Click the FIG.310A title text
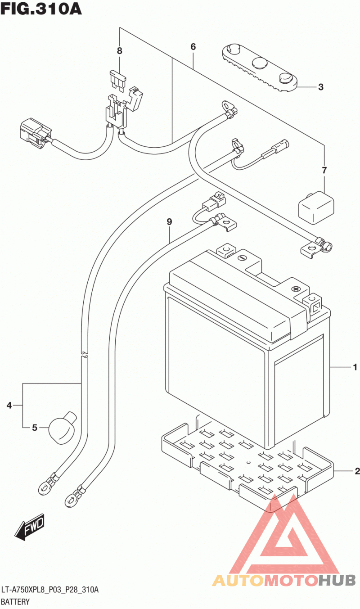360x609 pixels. (41, 9)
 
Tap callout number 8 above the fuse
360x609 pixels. (120, 50)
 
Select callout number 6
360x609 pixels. (193, 47)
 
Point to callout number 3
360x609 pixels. (321, 87)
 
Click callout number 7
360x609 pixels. (324, 171)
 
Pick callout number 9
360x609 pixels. (169, 222)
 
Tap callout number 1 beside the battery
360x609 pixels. (355, 367)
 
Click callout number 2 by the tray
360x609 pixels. (357, 471)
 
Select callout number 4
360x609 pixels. (9, 406)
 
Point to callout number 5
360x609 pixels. (35, 428)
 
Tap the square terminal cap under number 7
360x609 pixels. (316, 208)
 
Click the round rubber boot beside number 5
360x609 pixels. (62, 428)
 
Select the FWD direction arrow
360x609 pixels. (29, 527)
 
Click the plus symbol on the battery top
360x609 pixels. (296, 289)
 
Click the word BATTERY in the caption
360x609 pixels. (15, 602)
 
